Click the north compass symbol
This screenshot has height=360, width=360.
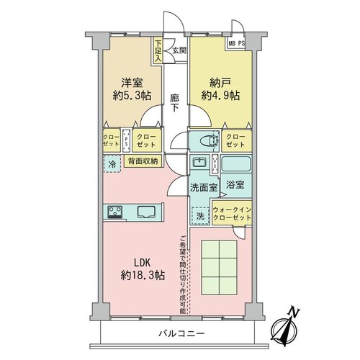285,328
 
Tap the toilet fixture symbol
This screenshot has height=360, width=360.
210,140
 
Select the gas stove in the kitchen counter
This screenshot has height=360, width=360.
114,212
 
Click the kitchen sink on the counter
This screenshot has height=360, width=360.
146,212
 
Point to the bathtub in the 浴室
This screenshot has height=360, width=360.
235,163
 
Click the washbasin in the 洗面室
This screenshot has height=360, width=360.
199,162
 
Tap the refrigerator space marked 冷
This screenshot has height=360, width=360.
112,164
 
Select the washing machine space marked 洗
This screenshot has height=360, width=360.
200,216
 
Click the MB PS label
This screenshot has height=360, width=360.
236,44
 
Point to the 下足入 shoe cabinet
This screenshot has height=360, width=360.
158,51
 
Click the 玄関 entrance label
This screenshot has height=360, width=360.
179,50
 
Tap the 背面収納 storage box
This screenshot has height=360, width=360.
143,161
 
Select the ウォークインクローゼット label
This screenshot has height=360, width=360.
232,214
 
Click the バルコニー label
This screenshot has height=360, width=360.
181,333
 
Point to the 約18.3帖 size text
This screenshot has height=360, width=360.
143,275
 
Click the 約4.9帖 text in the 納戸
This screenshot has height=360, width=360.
220,96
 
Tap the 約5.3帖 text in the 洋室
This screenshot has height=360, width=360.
132,96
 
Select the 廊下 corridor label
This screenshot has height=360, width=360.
175,103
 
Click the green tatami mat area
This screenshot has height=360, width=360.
219,267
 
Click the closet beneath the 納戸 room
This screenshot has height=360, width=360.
236,141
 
